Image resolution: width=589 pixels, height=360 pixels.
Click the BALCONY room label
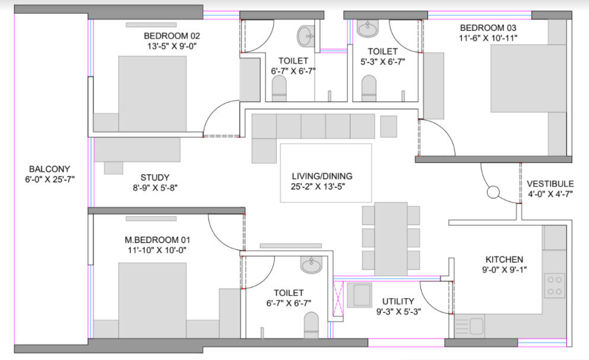50,169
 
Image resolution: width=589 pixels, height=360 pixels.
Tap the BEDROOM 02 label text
172,36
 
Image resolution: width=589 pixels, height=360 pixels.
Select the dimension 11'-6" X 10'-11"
488,38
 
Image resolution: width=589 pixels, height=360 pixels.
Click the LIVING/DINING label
322,176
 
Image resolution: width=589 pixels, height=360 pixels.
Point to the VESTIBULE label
550,184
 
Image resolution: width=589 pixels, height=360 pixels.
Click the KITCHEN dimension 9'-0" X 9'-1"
505,270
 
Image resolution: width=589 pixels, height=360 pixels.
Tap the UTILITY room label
398,301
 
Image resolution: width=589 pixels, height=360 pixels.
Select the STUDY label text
155,178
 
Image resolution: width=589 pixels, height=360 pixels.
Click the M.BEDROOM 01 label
157,240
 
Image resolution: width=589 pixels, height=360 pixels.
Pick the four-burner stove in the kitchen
555,286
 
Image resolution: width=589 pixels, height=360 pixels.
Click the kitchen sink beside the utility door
470,326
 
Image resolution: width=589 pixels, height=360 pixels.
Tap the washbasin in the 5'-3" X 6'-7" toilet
368,29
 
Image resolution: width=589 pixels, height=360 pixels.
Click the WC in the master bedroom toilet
311,325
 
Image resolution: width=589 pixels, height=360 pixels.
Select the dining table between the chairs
391,239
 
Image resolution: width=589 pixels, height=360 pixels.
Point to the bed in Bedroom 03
528,78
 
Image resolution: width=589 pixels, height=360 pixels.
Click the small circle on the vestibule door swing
493,192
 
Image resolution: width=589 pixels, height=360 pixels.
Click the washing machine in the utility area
359,295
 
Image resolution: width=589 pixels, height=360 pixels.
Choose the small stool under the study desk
113,168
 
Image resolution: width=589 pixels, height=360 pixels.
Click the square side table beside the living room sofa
388,127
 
